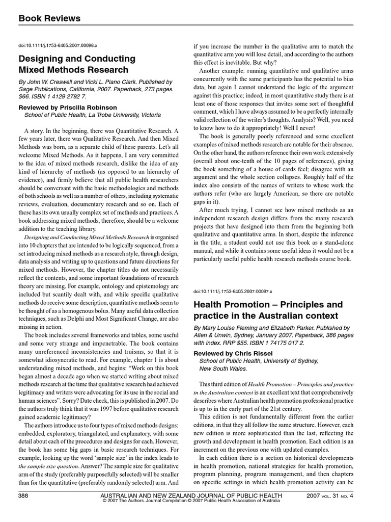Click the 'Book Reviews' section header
[49, 18]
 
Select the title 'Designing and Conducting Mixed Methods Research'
[77, 64]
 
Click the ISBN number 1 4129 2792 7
[61, 96]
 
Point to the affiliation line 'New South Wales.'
[223, 369]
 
